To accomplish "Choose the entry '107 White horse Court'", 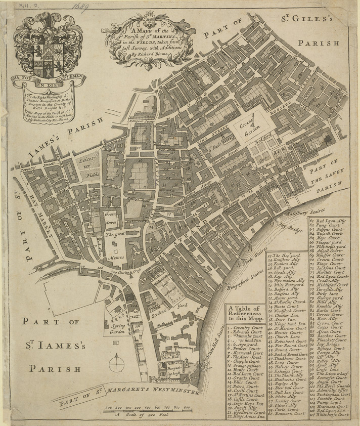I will click(332, 415).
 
